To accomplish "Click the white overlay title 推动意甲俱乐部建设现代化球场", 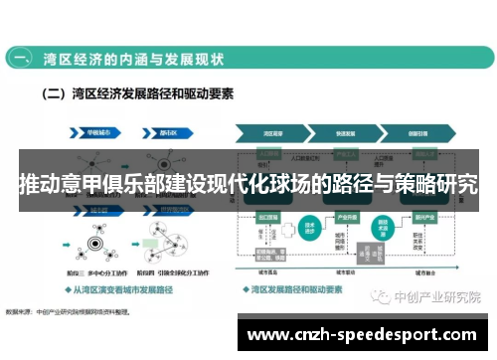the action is [x=248, y=183].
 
